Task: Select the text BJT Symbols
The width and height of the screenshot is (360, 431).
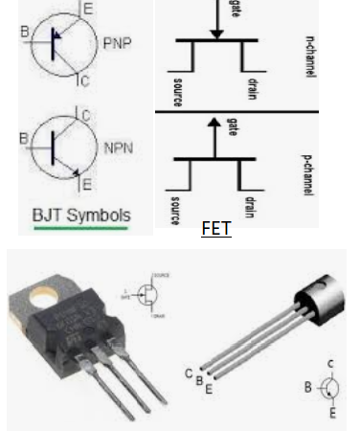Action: coord(80,214)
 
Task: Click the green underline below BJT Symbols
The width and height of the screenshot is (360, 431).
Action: coord(80,229)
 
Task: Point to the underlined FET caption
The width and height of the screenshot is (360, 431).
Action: coord(216,230)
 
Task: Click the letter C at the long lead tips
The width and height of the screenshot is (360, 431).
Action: coord(190,374)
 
